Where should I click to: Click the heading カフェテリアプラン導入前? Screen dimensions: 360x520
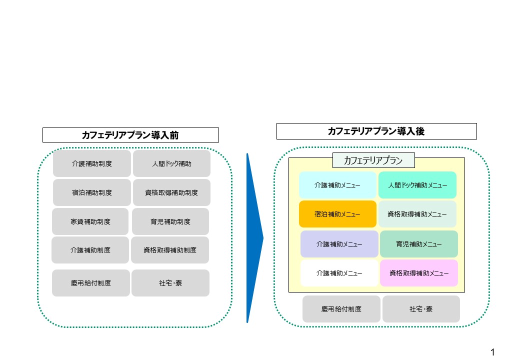pos(130,135)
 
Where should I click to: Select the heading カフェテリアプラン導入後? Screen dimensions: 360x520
pos(376,131)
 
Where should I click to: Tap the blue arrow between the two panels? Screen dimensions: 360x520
pos(254,237)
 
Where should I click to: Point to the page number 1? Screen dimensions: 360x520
pos(493,351)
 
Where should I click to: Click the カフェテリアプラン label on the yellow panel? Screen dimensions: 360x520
pos(373,160)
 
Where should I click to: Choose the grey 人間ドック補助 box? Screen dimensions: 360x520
pos(171,163)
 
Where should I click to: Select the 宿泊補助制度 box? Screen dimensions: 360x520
pos(91,192)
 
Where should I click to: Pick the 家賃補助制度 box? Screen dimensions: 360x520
pos(90,221)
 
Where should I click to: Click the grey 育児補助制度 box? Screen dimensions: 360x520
pos(170,221)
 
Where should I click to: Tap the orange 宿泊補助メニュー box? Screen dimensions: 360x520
pos(337,214)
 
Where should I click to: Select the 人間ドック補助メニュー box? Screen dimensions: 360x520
pos(417,185)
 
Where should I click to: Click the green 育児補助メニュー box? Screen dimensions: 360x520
pos(418,244)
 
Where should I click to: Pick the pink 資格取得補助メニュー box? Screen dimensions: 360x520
pos(418,273)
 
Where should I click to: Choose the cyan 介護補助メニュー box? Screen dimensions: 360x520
pos(337,185)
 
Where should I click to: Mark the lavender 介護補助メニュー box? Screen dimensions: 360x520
pos(339,244)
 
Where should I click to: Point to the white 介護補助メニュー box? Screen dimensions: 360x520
pos(339,273)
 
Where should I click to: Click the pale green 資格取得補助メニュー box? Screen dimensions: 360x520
pos(417,214)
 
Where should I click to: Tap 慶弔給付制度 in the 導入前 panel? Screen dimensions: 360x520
pos(91,283)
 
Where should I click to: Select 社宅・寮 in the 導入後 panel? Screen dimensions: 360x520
pos(421,309)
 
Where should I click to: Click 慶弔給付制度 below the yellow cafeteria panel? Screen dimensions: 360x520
pos(341,309)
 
